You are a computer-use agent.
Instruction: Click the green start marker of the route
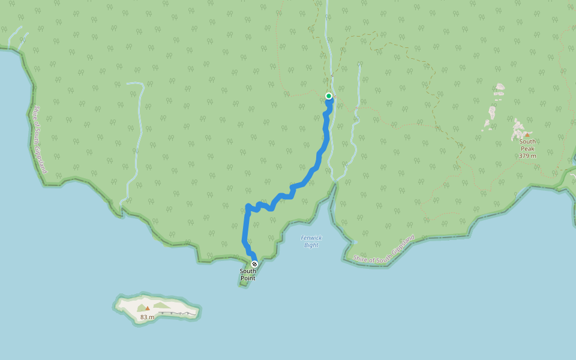[x=329, y=96]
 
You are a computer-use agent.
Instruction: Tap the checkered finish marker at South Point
[x=254, y=264]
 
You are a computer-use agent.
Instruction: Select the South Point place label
[x=248, y=275]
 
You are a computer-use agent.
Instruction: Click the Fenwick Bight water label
[x=311, y=241]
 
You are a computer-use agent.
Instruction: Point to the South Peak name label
[x=527, y=145]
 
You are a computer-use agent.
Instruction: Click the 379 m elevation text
[x=527, y=156]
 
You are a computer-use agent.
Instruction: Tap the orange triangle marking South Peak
[x=527, y=135]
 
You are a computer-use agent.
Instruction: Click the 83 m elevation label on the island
[x=147, y=317]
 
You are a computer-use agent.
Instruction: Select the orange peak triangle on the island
[x=147, y=308]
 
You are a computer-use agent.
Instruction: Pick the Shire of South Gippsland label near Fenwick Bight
[x=384, y=250]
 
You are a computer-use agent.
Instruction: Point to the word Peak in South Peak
[x=527, y=149]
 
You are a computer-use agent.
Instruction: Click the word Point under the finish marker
[x=248, y=278]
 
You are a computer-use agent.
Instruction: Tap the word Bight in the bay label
[x=311, y=245]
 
